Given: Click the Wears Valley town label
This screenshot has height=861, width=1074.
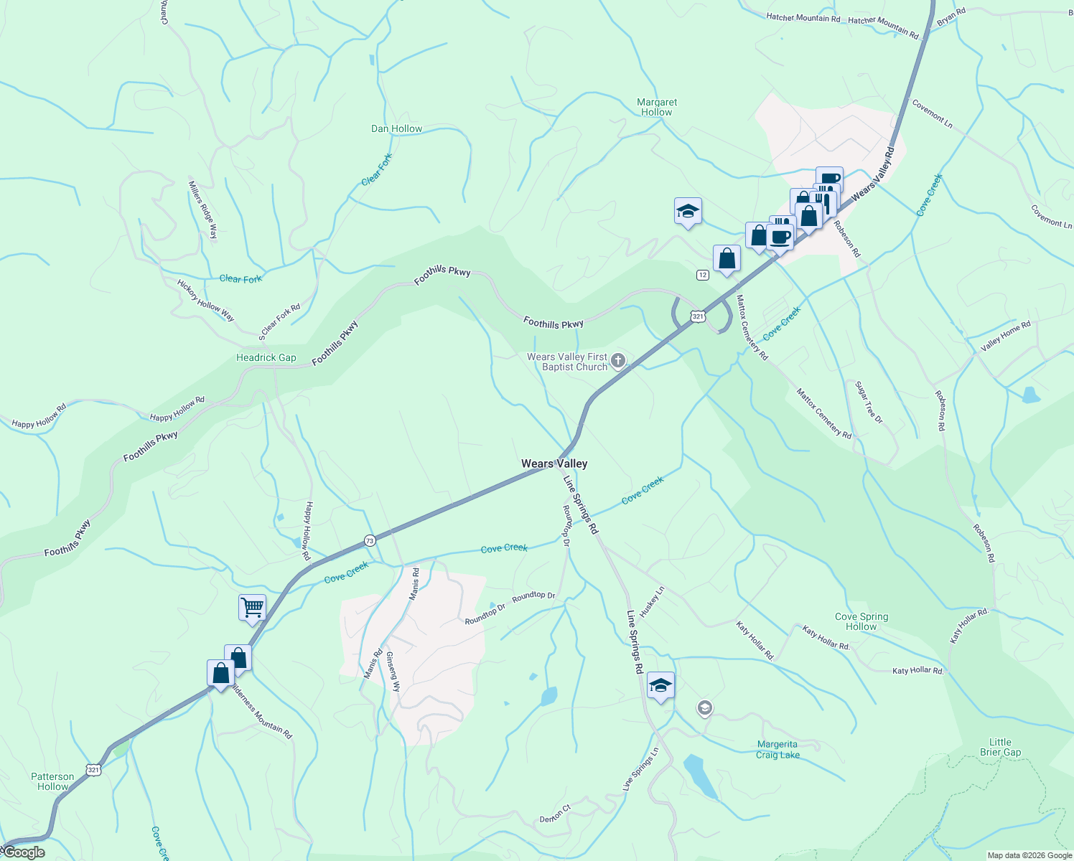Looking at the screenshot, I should click(x=554, y=464).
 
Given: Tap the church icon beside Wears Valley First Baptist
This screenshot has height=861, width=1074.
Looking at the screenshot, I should click(x=618, y=360).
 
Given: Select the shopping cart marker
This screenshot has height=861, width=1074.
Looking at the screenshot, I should click(x=252, y=608).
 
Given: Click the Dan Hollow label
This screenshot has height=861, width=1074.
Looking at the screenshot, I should click(x=396, y=129).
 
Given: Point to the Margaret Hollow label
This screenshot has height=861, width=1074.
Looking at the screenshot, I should click(x=657, y=108).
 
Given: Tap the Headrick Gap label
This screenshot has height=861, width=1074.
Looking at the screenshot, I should click(x=266, y=358).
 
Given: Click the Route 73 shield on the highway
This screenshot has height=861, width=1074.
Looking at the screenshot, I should click(x=370, y=540).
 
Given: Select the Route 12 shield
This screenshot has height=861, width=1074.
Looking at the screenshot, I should click(x=702, y=275).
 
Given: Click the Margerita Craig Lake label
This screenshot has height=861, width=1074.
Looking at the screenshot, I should click(x=778, y=750).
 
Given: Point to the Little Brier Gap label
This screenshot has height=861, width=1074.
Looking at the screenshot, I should click(x=1000, y=747).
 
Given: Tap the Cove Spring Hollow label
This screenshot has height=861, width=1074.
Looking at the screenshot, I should click(x=861, y=621).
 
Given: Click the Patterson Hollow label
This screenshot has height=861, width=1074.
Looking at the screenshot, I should click(x=52, y=781).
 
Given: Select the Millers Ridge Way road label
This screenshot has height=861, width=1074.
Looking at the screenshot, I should click(x=202, y=210).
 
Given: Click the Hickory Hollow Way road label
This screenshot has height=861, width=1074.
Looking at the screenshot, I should click(x=206, y=300).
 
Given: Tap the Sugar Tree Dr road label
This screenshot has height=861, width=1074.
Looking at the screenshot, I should click(x=869, y=403).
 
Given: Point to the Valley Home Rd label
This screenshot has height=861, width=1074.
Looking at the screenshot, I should click(x=1006, y=336).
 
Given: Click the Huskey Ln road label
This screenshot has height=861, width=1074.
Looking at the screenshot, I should click(x=652, y=602).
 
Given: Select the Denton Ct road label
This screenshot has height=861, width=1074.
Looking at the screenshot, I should click(x=555, y=814).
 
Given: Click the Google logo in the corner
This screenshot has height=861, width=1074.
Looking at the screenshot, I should click(x=24, y=852).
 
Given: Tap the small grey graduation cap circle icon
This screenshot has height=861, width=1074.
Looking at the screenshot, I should click(x=705, y=708).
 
